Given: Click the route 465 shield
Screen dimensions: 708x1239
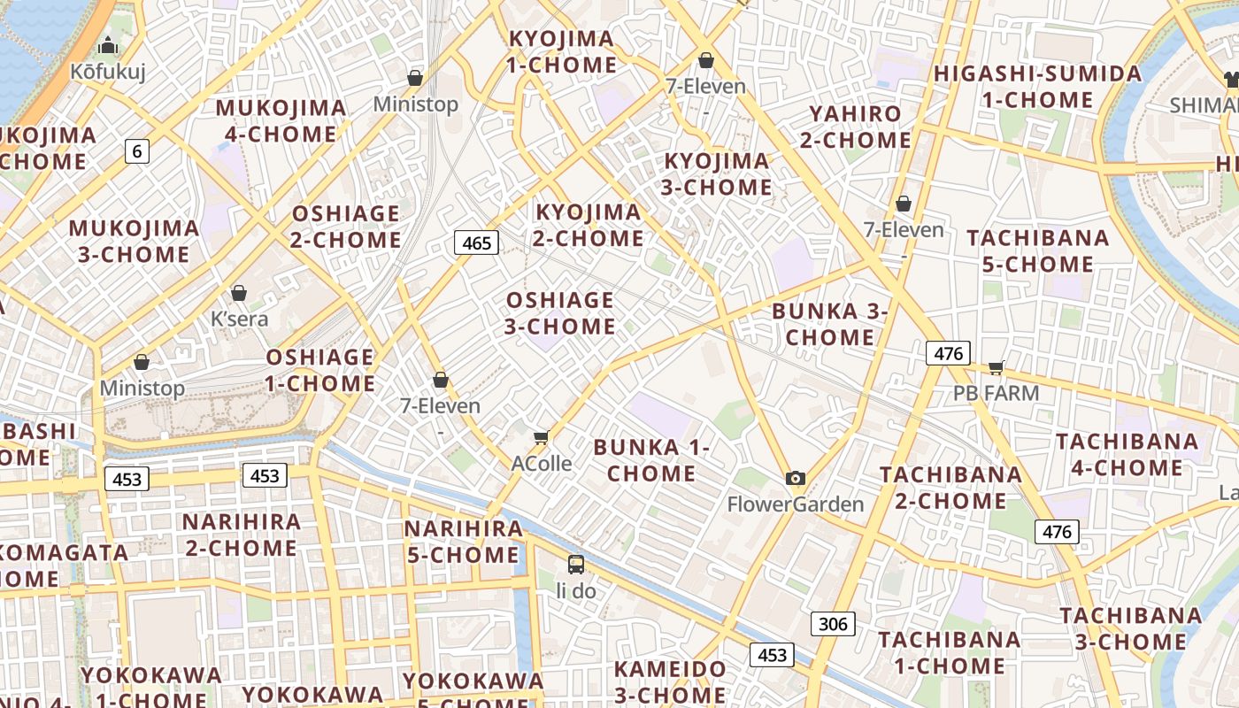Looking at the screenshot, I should (x=476, y=242).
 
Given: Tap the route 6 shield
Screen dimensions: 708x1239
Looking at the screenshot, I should (x=136, y=151).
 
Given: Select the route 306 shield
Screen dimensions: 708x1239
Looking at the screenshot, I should (x=833, y=624).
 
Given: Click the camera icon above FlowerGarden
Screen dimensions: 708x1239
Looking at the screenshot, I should (x=796, y=479).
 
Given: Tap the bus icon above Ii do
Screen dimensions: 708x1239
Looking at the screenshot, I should (x=576, y=564).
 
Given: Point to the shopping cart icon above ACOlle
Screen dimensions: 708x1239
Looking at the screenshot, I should (x=542, y=437).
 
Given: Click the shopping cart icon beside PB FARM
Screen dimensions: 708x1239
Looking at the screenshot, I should (x=997, y=368).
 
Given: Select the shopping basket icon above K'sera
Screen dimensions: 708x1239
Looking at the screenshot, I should (x=239, y=293).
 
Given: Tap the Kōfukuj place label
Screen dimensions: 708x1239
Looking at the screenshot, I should (x=108, y=71).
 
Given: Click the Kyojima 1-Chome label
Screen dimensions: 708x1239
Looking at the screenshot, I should (x=561, y=51).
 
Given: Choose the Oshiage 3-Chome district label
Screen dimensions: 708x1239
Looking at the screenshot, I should (x=559, y=313).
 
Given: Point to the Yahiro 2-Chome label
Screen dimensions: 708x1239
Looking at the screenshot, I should (x=855, y=127).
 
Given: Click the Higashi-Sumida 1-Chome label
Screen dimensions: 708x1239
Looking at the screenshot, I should (x=1037, y=86).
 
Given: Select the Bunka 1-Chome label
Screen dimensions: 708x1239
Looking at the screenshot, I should (x=651, y=460).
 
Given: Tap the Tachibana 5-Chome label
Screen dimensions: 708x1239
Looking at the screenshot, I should (x=1037, y=250).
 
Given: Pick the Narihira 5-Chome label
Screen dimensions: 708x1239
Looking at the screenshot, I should (x=463, y=542).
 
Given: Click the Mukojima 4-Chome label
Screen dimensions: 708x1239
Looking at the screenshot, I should (x=281, y=120).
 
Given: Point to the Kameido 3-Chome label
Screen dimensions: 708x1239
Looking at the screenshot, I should (x=670, y=681).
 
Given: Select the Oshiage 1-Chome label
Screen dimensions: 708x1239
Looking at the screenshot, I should (x=319, y=370).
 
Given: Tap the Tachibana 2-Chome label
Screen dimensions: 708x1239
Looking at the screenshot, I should (x=950, y=488).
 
